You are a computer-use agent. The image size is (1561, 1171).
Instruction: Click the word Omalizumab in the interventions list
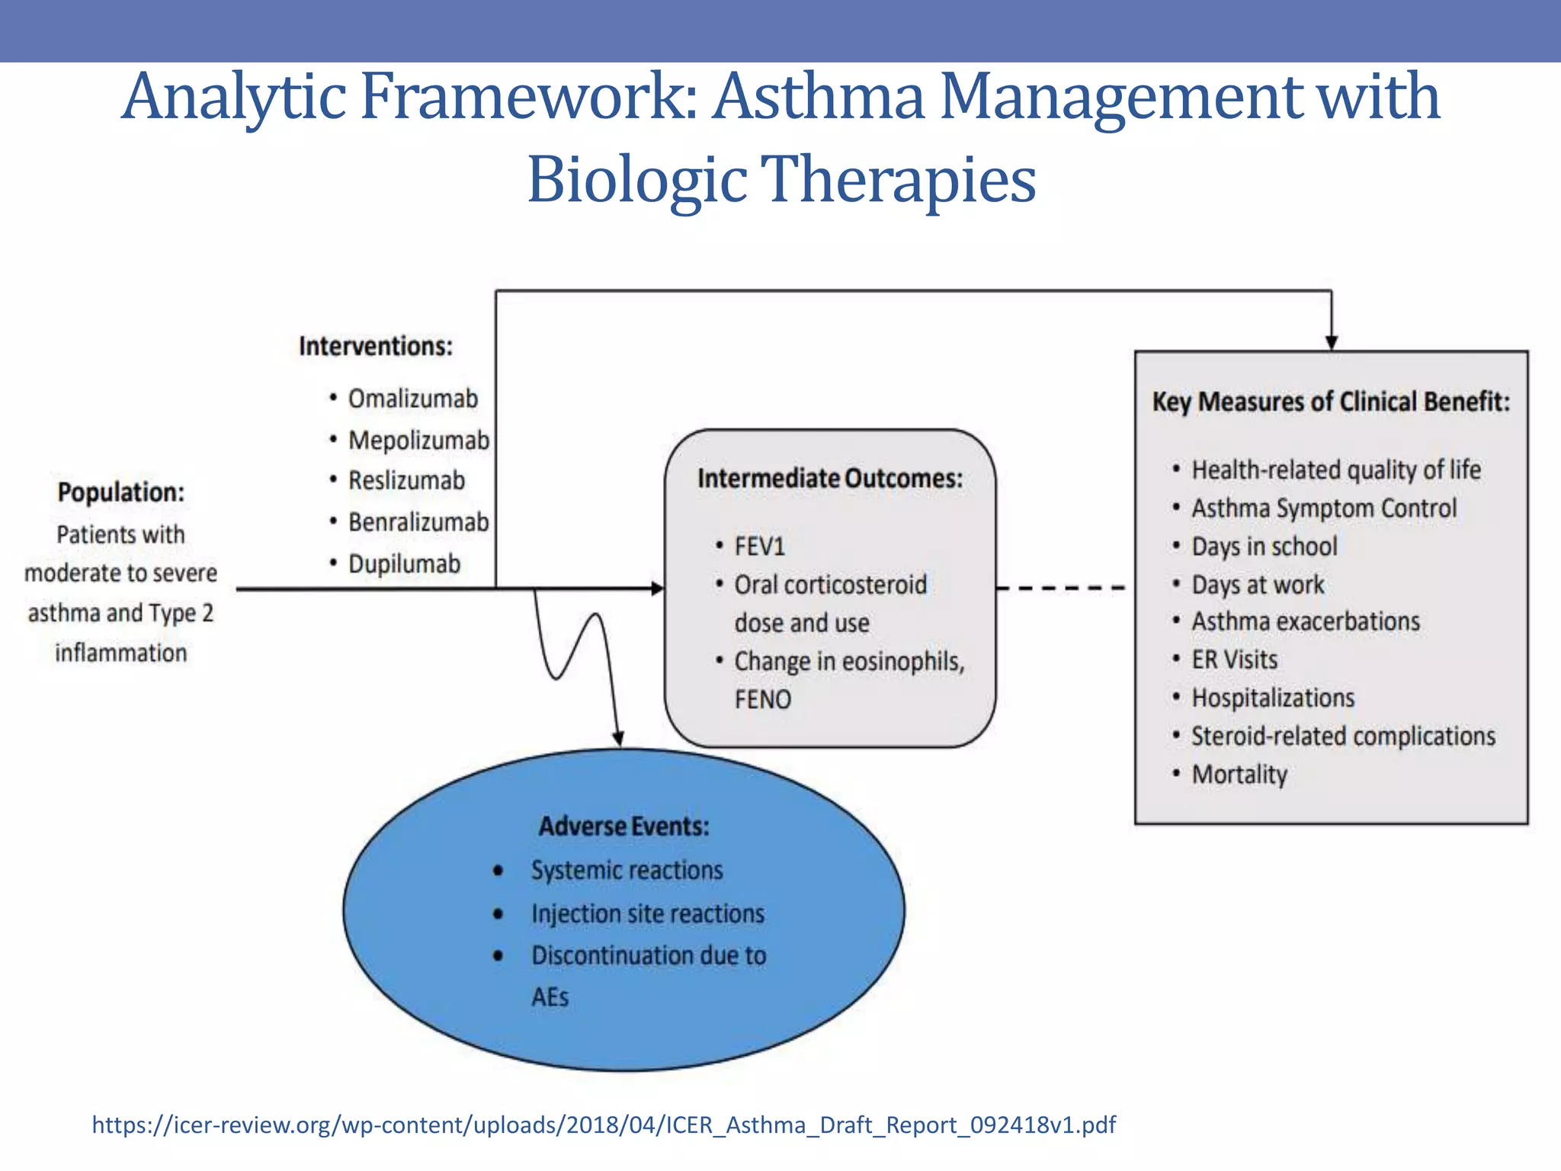[412, 399]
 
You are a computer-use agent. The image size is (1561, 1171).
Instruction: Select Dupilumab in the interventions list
[404, 564]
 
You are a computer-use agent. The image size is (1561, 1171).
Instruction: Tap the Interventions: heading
[376, 346]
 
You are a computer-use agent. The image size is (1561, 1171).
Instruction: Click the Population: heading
[121, 492]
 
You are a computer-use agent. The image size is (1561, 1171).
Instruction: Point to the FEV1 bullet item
[759, 547]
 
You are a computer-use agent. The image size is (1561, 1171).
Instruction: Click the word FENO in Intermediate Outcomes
[762, 700]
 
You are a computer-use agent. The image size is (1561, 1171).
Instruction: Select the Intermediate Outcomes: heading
[830, 479]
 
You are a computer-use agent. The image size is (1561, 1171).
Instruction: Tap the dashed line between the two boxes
[1061, 588]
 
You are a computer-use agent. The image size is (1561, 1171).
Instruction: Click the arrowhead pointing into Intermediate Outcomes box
[658, 589]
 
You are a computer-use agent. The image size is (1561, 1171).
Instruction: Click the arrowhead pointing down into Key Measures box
[1331, 343]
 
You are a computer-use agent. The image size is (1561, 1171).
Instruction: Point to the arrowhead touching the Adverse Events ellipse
[619, 739]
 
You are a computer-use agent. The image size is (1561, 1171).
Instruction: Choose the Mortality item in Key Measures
[1239, 775]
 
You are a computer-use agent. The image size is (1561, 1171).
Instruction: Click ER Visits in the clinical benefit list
[1234, 660]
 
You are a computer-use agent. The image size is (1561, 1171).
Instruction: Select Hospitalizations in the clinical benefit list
[1273, 698]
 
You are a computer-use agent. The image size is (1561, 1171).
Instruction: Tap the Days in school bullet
[1264, 547]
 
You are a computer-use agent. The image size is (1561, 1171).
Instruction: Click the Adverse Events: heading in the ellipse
[623, 826]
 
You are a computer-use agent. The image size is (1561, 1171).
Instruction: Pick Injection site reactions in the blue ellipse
[648, 914]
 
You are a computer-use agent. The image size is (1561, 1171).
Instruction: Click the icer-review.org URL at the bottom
[603, 1125]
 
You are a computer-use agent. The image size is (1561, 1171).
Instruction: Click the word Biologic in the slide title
[636, 180]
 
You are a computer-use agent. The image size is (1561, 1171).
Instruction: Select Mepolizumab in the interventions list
[418, 441]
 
